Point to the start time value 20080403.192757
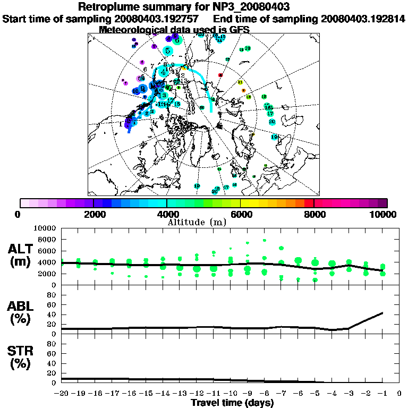(x=158, y=19)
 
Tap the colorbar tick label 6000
(x=240, y=215)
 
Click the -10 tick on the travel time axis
(x=230, y=394)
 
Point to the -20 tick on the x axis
(x=62, y=394)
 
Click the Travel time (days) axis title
(x=232, y=403)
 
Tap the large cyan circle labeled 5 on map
(x=168, y=51)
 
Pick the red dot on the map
(x=220, y=75)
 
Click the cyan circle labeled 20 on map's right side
(x=272, y=122)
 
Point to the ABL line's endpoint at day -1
(x=382, y=313)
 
